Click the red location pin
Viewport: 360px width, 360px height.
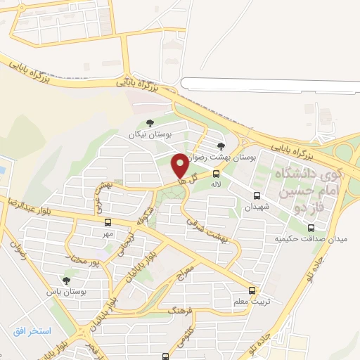180,165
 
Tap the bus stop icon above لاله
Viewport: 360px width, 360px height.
216,173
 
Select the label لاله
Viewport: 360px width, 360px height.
217,184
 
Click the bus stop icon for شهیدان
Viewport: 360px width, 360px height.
256,196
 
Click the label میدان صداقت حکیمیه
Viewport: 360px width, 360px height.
311,239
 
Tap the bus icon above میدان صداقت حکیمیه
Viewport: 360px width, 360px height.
311,227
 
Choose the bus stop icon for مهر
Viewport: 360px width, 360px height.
107,222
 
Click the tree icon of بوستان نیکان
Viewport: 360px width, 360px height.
150,122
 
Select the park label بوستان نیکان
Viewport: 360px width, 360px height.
150,133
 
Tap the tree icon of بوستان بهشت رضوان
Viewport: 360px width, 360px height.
222,145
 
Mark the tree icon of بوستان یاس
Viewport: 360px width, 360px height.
66,281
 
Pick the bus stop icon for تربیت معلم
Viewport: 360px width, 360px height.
252,290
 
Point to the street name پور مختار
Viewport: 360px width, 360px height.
87,261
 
